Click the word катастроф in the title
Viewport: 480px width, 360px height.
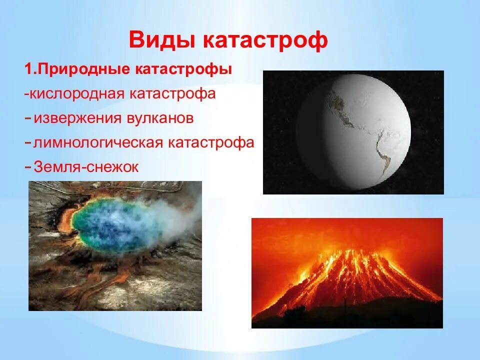tap(265, 40)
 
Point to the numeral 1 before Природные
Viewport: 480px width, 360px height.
tap(28, 69)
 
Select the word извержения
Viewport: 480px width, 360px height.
tap(76, 118)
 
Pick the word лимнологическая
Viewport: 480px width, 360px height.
tap(98, 142)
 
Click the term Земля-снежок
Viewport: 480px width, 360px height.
tap(86, 167)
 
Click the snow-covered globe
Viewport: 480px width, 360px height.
tap(353, 131)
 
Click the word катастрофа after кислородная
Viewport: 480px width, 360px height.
tap(172, 93)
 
